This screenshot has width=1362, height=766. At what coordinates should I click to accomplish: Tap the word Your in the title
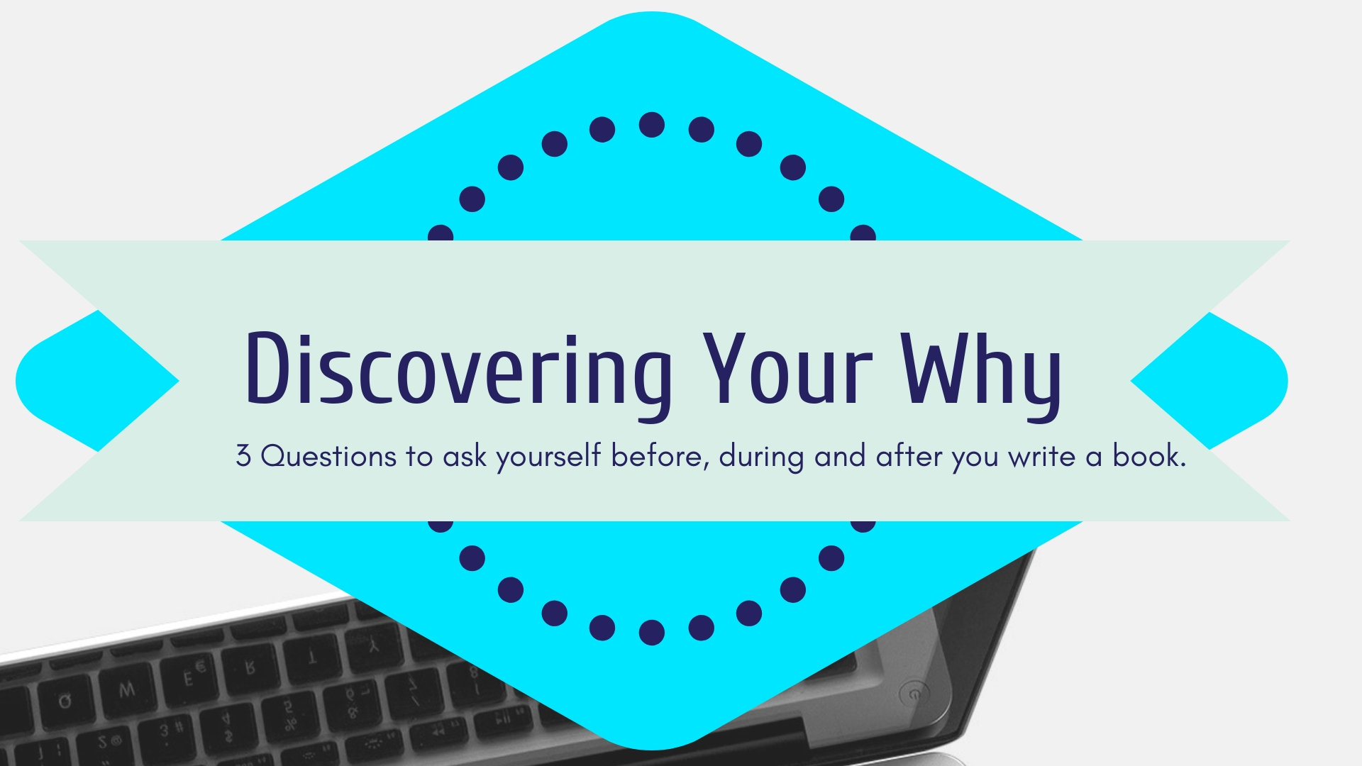[x=787, y=369]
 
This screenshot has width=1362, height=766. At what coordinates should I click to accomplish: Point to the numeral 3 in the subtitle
[x=243, y=456]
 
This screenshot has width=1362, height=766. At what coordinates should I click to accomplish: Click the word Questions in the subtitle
[x=328, y=456]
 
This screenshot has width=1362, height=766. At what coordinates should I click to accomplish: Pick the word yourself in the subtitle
[x=548, y=457]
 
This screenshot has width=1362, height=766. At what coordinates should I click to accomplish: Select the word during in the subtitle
[x=761, y=457]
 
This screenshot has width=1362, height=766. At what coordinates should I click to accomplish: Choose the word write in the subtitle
[x=1042, y=456]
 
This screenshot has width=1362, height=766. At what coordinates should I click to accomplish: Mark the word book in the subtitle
[x=1146, y=455]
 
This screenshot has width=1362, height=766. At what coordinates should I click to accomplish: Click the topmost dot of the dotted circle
[x=652, y=125]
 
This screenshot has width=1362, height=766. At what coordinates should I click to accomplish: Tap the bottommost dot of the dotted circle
[x=652, y=632]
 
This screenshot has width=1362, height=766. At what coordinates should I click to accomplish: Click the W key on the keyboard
[x=126, y=689]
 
